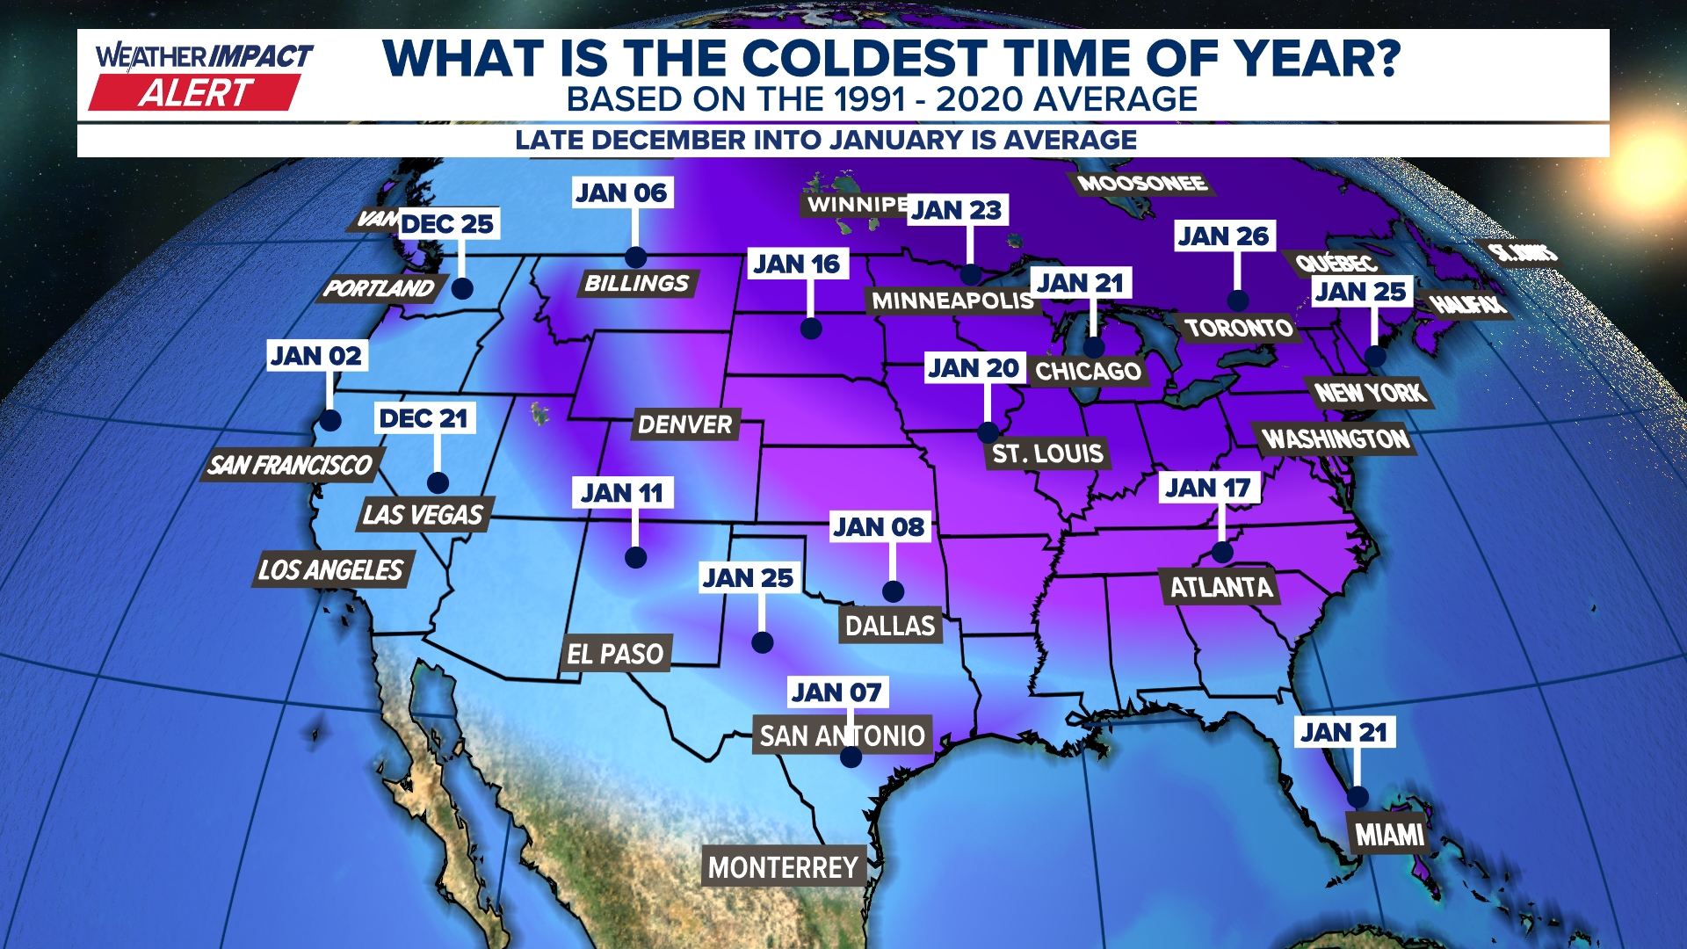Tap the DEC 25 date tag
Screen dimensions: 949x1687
point(447,224)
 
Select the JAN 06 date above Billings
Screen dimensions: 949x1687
point(621,192)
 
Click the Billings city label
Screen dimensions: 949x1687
point(636,283)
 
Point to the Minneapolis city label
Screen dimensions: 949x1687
point(952,301)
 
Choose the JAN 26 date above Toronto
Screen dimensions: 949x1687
point(1223,235)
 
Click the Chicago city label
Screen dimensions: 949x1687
point(1088,371)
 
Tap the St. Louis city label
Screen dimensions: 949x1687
point(1047,453)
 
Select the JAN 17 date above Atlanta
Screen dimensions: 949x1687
point(1208,488)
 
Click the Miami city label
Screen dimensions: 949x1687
point(1389,834)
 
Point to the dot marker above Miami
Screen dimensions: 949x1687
point(1358,797)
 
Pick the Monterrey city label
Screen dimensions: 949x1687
point(783,867)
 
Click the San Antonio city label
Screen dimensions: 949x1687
point(842,735)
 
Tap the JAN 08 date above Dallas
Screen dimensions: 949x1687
point(879,527)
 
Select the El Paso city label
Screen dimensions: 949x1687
point(615,654)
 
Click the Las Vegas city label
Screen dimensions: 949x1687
point(423,514)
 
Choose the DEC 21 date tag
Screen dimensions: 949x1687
point(424,418)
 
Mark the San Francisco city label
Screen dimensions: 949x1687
point(290,464)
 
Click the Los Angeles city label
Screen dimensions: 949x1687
point(330,569)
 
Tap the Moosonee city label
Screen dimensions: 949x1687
point(1141,184)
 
